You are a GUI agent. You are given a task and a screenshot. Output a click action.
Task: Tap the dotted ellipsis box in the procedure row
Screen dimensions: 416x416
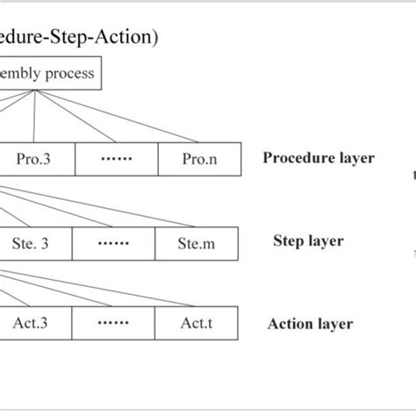(116, 160)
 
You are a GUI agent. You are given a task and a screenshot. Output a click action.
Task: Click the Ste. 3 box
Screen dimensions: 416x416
(34, 243)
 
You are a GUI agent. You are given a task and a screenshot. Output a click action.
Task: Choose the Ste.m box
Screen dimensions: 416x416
(196, 243)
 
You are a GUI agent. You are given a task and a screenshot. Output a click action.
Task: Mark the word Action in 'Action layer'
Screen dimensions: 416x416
(289, 324)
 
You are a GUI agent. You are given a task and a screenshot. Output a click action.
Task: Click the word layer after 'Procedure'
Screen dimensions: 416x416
(355, 159)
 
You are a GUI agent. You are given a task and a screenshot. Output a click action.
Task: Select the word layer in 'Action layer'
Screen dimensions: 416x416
(334, 324)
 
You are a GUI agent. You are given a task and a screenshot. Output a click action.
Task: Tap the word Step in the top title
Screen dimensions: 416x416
(68, 37)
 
